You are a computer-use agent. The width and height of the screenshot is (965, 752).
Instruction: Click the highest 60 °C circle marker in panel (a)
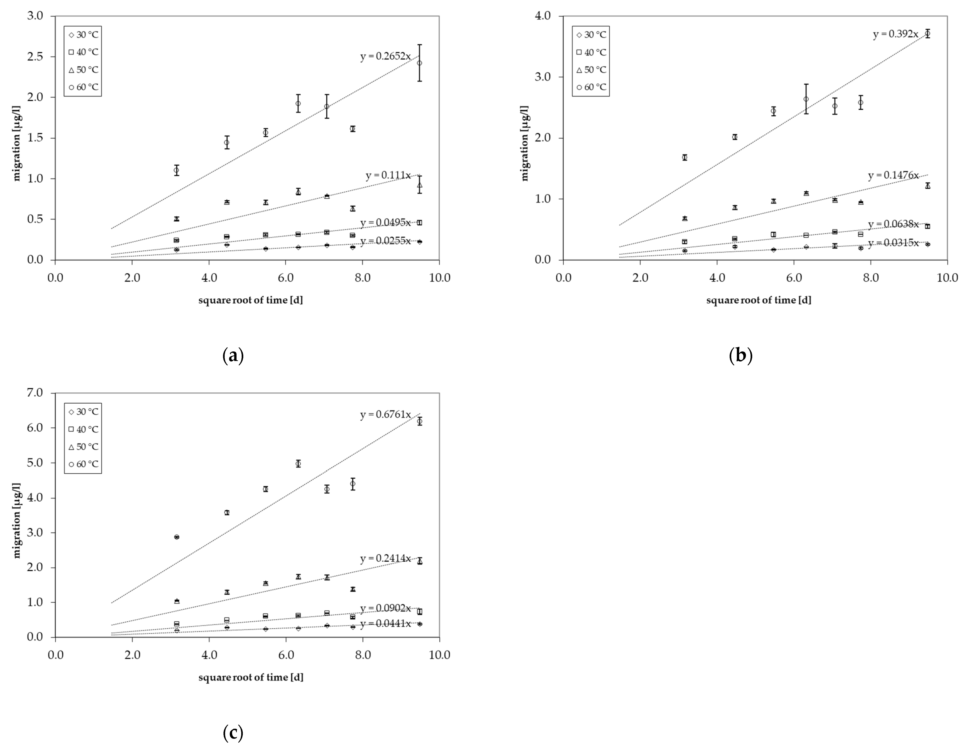419,63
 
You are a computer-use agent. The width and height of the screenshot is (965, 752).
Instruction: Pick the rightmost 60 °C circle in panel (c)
419,422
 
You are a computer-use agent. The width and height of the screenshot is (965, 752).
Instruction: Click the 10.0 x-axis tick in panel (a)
439,278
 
